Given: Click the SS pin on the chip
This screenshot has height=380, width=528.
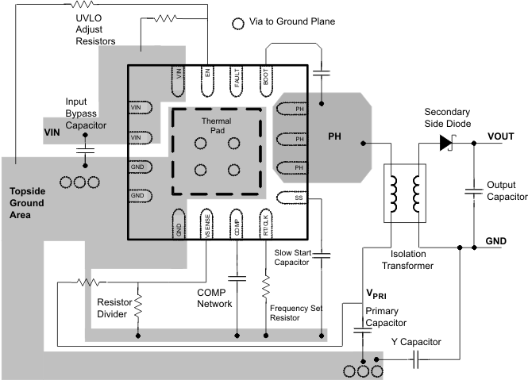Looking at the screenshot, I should (x=291, y=198).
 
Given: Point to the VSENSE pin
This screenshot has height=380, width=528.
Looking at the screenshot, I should (x=206, y=224).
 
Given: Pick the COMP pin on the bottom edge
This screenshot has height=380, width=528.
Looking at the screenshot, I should (x=236, y=224).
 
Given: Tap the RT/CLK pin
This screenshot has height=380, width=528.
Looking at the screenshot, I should (x=265, y=224).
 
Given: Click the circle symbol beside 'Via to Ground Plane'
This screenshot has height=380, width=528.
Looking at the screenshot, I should (x=237, y=24).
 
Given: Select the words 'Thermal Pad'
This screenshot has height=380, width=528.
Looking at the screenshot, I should (x=216, y=125).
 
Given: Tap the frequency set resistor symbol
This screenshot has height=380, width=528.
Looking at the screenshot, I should (x=266, y=283).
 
